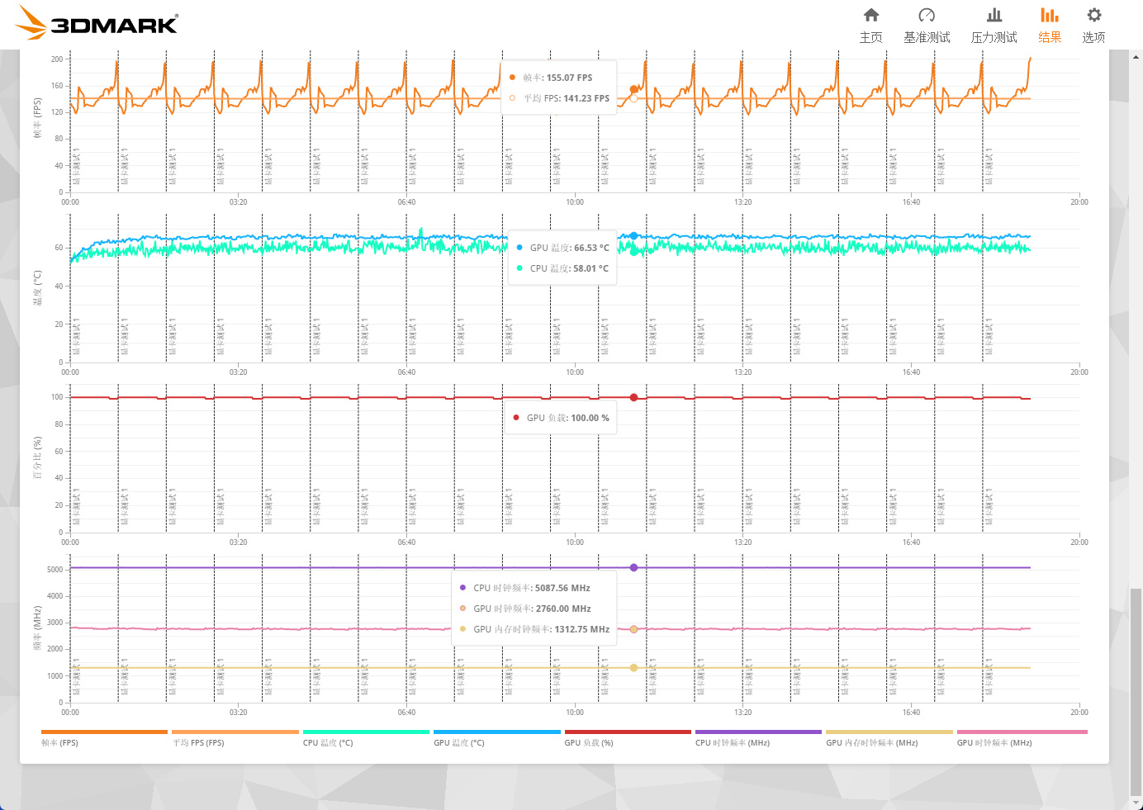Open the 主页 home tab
pos(870,26)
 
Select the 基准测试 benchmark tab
pos(927,26)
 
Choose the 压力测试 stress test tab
pos(994,26)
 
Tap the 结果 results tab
pos(1050,26)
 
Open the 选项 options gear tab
pos(1093,26)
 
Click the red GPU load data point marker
pos(633,397)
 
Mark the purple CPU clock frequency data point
pos(633,567)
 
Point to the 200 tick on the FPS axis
pos(56,59)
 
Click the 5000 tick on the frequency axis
pos(55,570)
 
